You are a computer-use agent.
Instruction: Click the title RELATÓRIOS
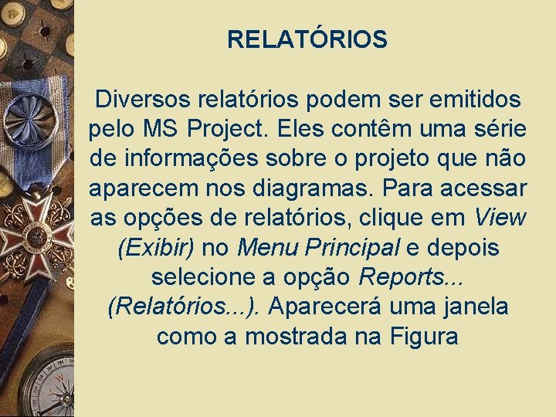pos(307,39)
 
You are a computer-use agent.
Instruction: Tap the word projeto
pos(392,159)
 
